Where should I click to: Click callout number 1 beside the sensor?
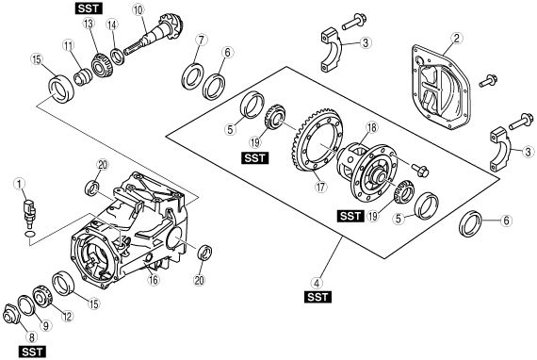pos(19,185)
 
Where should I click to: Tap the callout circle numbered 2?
pos(457,38)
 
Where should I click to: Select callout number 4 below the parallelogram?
pos(317,284)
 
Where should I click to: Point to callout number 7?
pos(201,41)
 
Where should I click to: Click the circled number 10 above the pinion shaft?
pos(138,10)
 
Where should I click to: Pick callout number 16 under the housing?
pos(154,280)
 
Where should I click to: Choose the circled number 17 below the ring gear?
pos(321,187)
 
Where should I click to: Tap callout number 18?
pos(371,127)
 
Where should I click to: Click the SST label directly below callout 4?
pos(317,297)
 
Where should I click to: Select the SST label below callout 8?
pos(32,352)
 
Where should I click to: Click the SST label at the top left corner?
pos(89,8)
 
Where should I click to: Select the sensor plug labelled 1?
pos(30,213)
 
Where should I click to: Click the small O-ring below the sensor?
pos(30,235)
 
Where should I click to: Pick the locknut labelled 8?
pos(10,313)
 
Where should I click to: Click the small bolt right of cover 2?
pos(488,81)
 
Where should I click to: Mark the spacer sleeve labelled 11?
pos(83,77)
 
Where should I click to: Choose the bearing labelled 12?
pos(42,295)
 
